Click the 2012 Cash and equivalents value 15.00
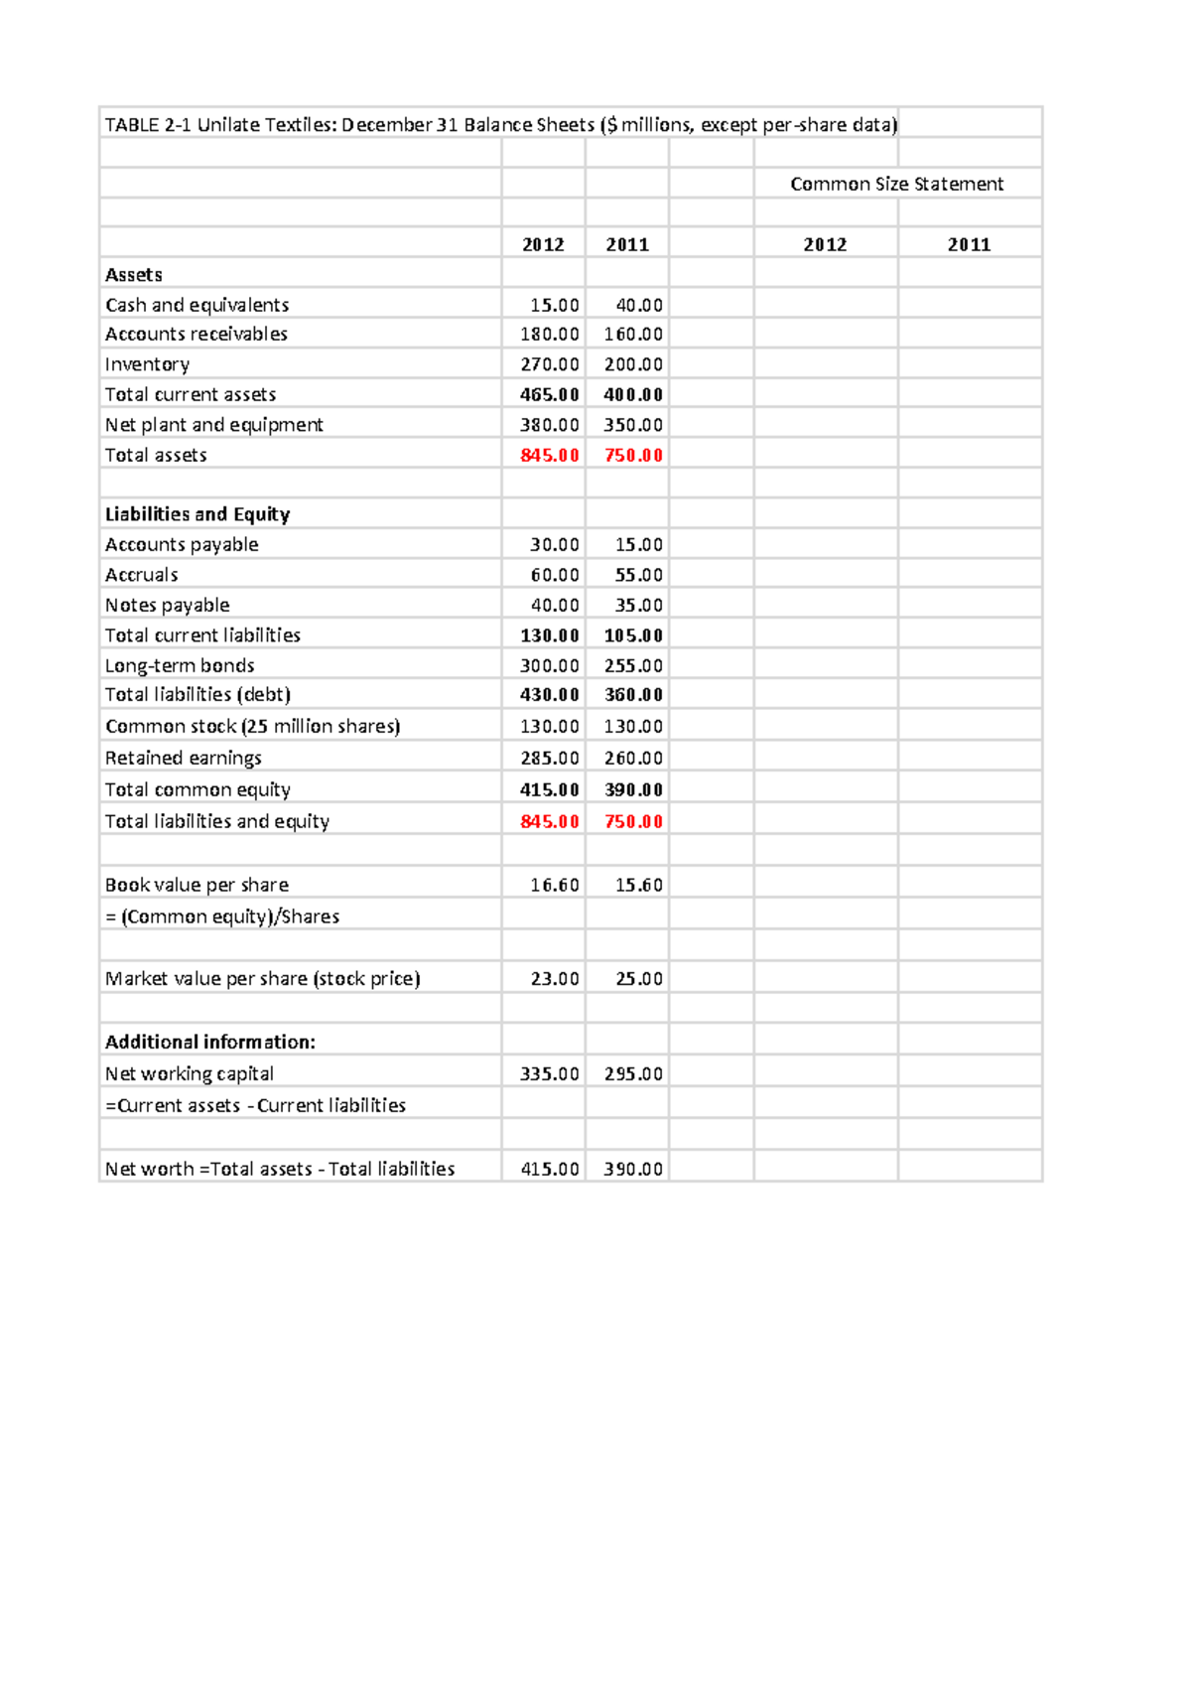click(x=554, y=305)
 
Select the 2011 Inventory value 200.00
click(x=633, y=364)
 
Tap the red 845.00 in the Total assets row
click(x=549, y=455)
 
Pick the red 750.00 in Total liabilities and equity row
click(x=633, y=821)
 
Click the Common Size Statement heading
click(x=896, y=184)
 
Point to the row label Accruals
click(x=142, y=575)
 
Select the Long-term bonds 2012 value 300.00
click(x=549, y=665)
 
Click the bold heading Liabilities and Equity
click(x=198, y=514)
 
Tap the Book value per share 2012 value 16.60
click(x=554, y=885)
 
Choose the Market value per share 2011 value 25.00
click(x=638, y=978)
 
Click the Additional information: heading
click(x=210, y=1042)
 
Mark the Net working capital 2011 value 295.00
click(x=633, y=1073)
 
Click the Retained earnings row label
click(x=184, y=758)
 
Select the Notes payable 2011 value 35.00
click(x=638, y=605)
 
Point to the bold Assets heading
click(x=134, y=275)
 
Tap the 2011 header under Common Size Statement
click(x=969, y=244)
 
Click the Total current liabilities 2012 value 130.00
click(x=549, y=635)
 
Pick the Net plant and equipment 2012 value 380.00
click(x=549, y=425)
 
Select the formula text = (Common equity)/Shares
click(x=222, y=916)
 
